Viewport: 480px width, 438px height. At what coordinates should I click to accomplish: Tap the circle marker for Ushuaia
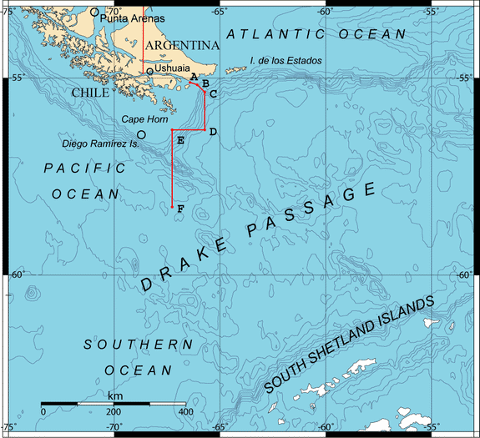[x=150, y=71]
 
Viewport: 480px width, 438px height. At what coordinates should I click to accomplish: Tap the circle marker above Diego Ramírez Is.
[x=141, y=134]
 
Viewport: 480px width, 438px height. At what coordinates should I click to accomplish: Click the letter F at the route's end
[x=180, y=209]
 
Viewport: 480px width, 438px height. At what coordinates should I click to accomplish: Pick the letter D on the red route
[x=213, y=132]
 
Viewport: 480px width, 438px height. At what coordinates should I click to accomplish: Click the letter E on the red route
[x=180, y=140]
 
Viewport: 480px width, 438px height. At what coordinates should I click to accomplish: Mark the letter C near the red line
[x=214, y=93]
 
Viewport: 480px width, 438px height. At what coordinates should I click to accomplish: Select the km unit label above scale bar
[x=114, y=395]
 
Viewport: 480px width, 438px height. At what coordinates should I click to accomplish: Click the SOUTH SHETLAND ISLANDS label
[x=348, y=345]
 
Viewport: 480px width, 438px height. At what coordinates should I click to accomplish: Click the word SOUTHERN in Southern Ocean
[x=138, y=345]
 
